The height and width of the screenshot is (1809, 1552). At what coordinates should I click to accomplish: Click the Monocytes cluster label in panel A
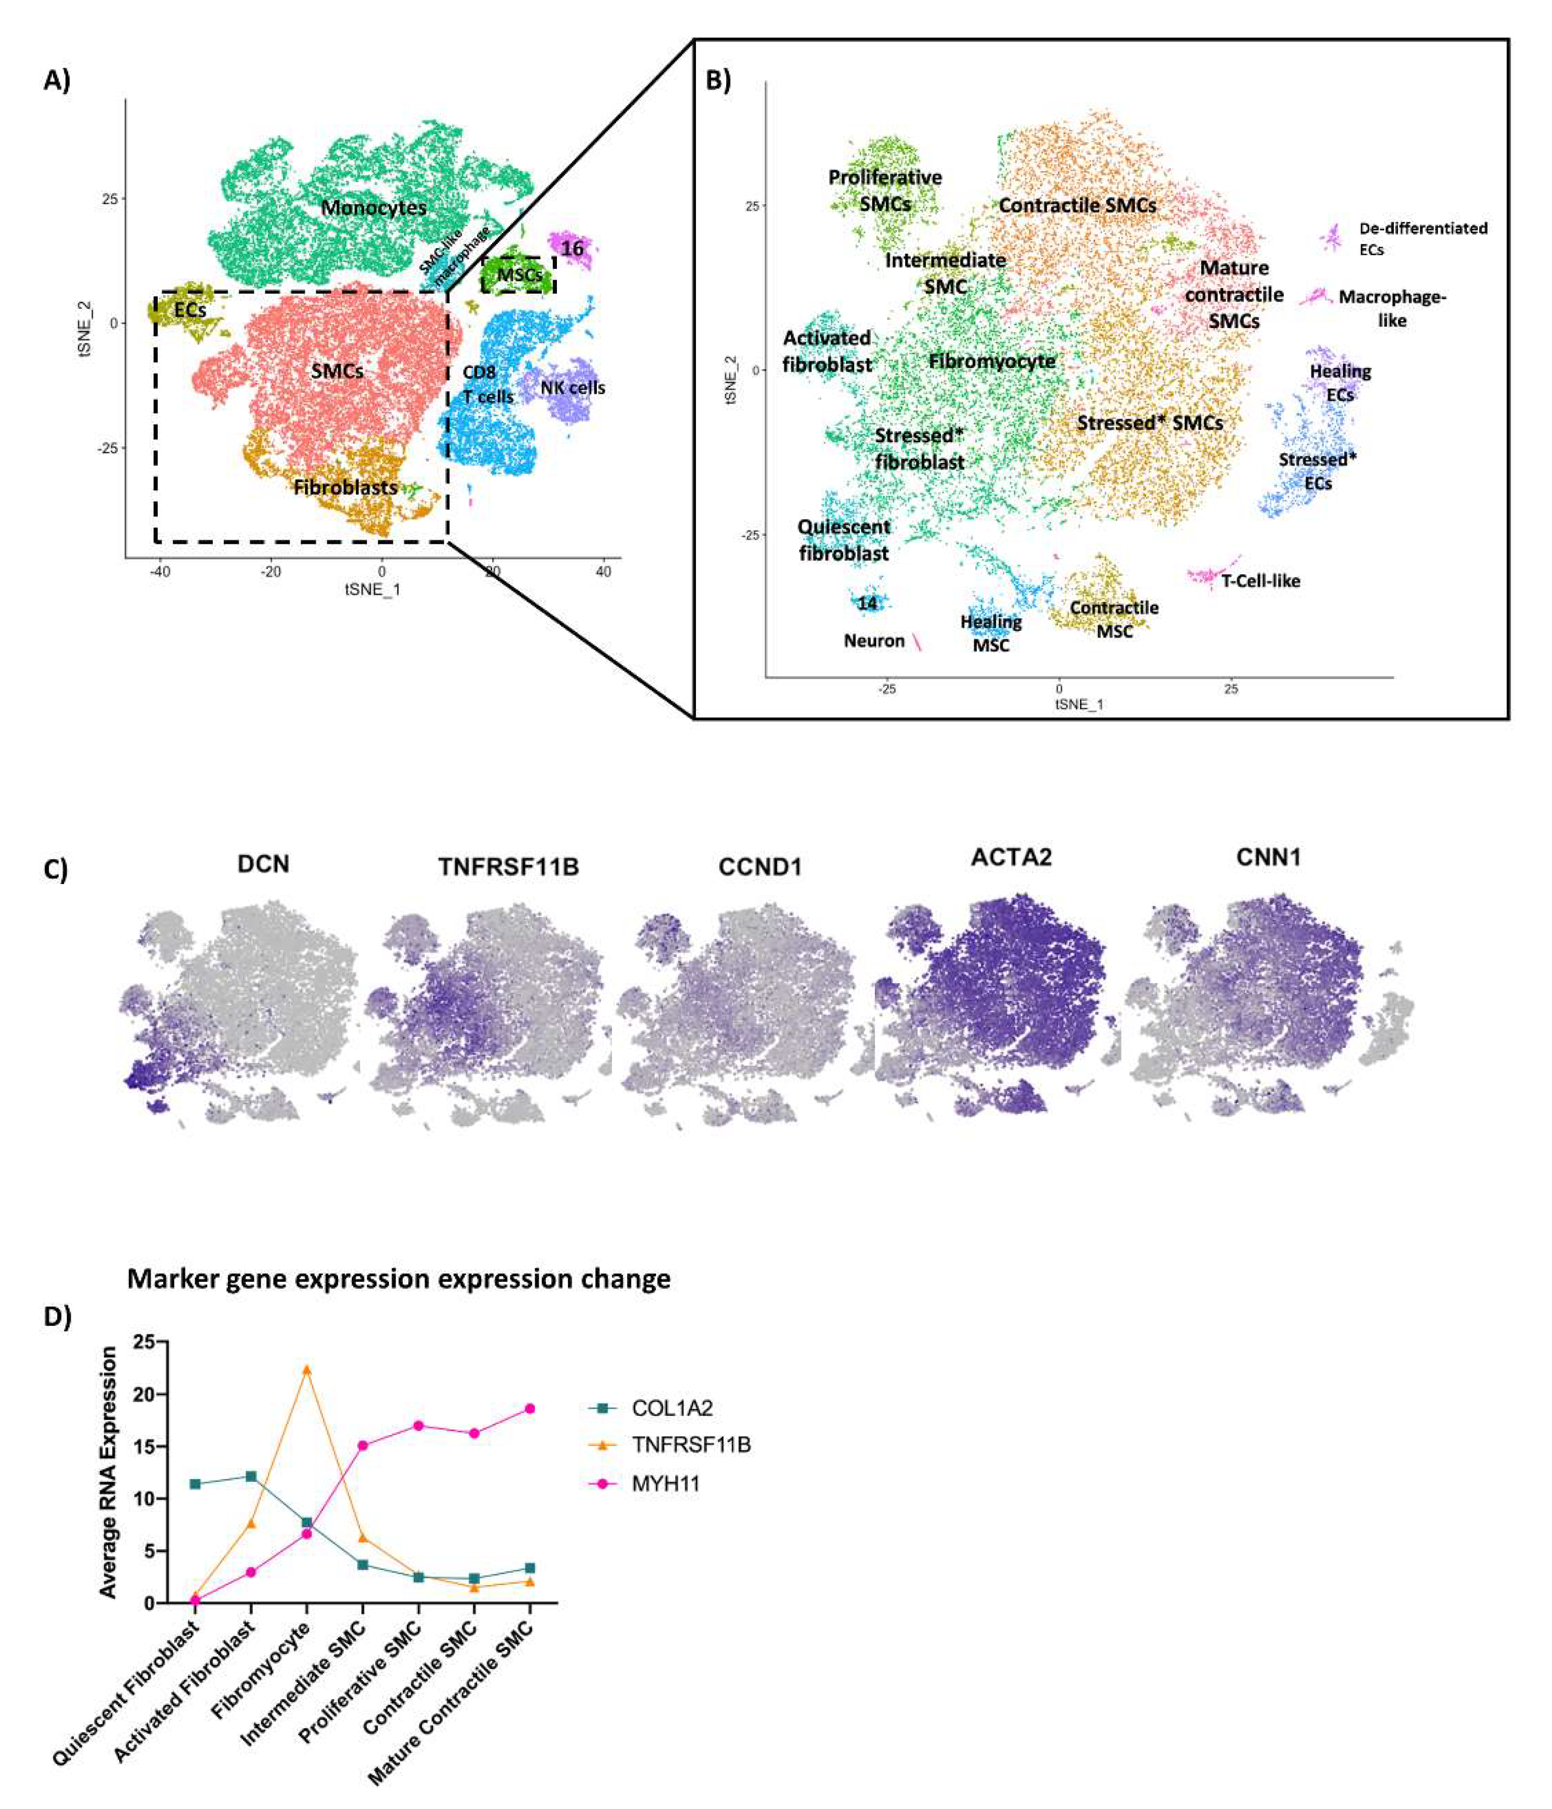373,208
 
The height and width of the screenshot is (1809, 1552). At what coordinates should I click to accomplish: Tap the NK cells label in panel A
573,388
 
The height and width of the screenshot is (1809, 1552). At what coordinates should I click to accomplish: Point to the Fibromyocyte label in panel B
992,360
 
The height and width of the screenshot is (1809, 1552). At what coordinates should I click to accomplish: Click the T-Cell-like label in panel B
1259,581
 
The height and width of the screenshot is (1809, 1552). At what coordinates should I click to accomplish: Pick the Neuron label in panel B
874,641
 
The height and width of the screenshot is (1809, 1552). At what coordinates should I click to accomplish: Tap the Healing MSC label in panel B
991,633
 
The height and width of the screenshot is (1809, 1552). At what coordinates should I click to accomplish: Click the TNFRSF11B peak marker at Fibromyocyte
306,1369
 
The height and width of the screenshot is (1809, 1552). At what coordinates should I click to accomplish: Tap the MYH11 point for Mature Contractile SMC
529,1408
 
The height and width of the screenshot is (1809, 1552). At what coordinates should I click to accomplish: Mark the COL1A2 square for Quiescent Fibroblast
196,1484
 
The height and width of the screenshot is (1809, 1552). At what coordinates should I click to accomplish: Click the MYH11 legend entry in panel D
665,1483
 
